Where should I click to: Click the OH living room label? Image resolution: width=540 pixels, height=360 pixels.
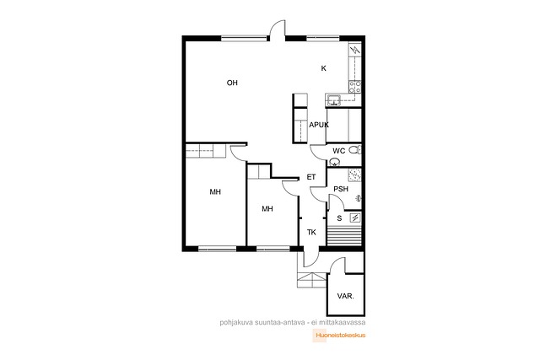pos(232,83)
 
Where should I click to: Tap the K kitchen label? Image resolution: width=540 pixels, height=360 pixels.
pos(323,68)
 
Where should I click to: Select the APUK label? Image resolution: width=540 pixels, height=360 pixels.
pos(319,125)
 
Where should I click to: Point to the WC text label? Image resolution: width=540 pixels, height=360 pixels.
pos(338,151)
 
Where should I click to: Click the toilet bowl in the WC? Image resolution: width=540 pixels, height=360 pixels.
pos(354,150)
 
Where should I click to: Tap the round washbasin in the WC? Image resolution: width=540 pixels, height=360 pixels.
pos(334,162)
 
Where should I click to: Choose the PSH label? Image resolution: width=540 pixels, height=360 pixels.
pos(341,189)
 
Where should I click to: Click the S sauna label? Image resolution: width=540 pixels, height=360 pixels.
pos(339,218)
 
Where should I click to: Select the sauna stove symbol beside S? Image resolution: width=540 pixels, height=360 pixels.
pos(355,218)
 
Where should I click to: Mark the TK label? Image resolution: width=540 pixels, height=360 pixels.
pos(311,233)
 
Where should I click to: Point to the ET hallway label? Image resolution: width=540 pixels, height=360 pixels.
pos(311,177)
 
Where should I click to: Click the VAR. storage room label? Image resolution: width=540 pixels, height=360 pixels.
pos(345,296)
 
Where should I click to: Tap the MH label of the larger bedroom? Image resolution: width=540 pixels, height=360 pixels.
pos(215,192)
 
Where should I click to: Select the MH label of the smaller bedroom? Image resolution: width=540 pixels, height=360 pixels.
pos(267,208)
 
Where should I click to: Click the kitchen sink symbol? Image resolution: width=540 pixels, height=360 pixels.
pos(333,99)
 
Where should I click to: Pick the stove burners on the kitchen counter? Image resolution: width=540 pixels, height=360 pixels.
pos(354,87)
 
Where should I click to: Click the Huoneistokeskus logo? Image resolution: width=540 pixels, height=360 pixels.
pos(339,336)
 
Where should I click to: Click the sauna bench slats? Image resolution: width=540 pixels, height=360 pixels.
pos(343,234)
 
